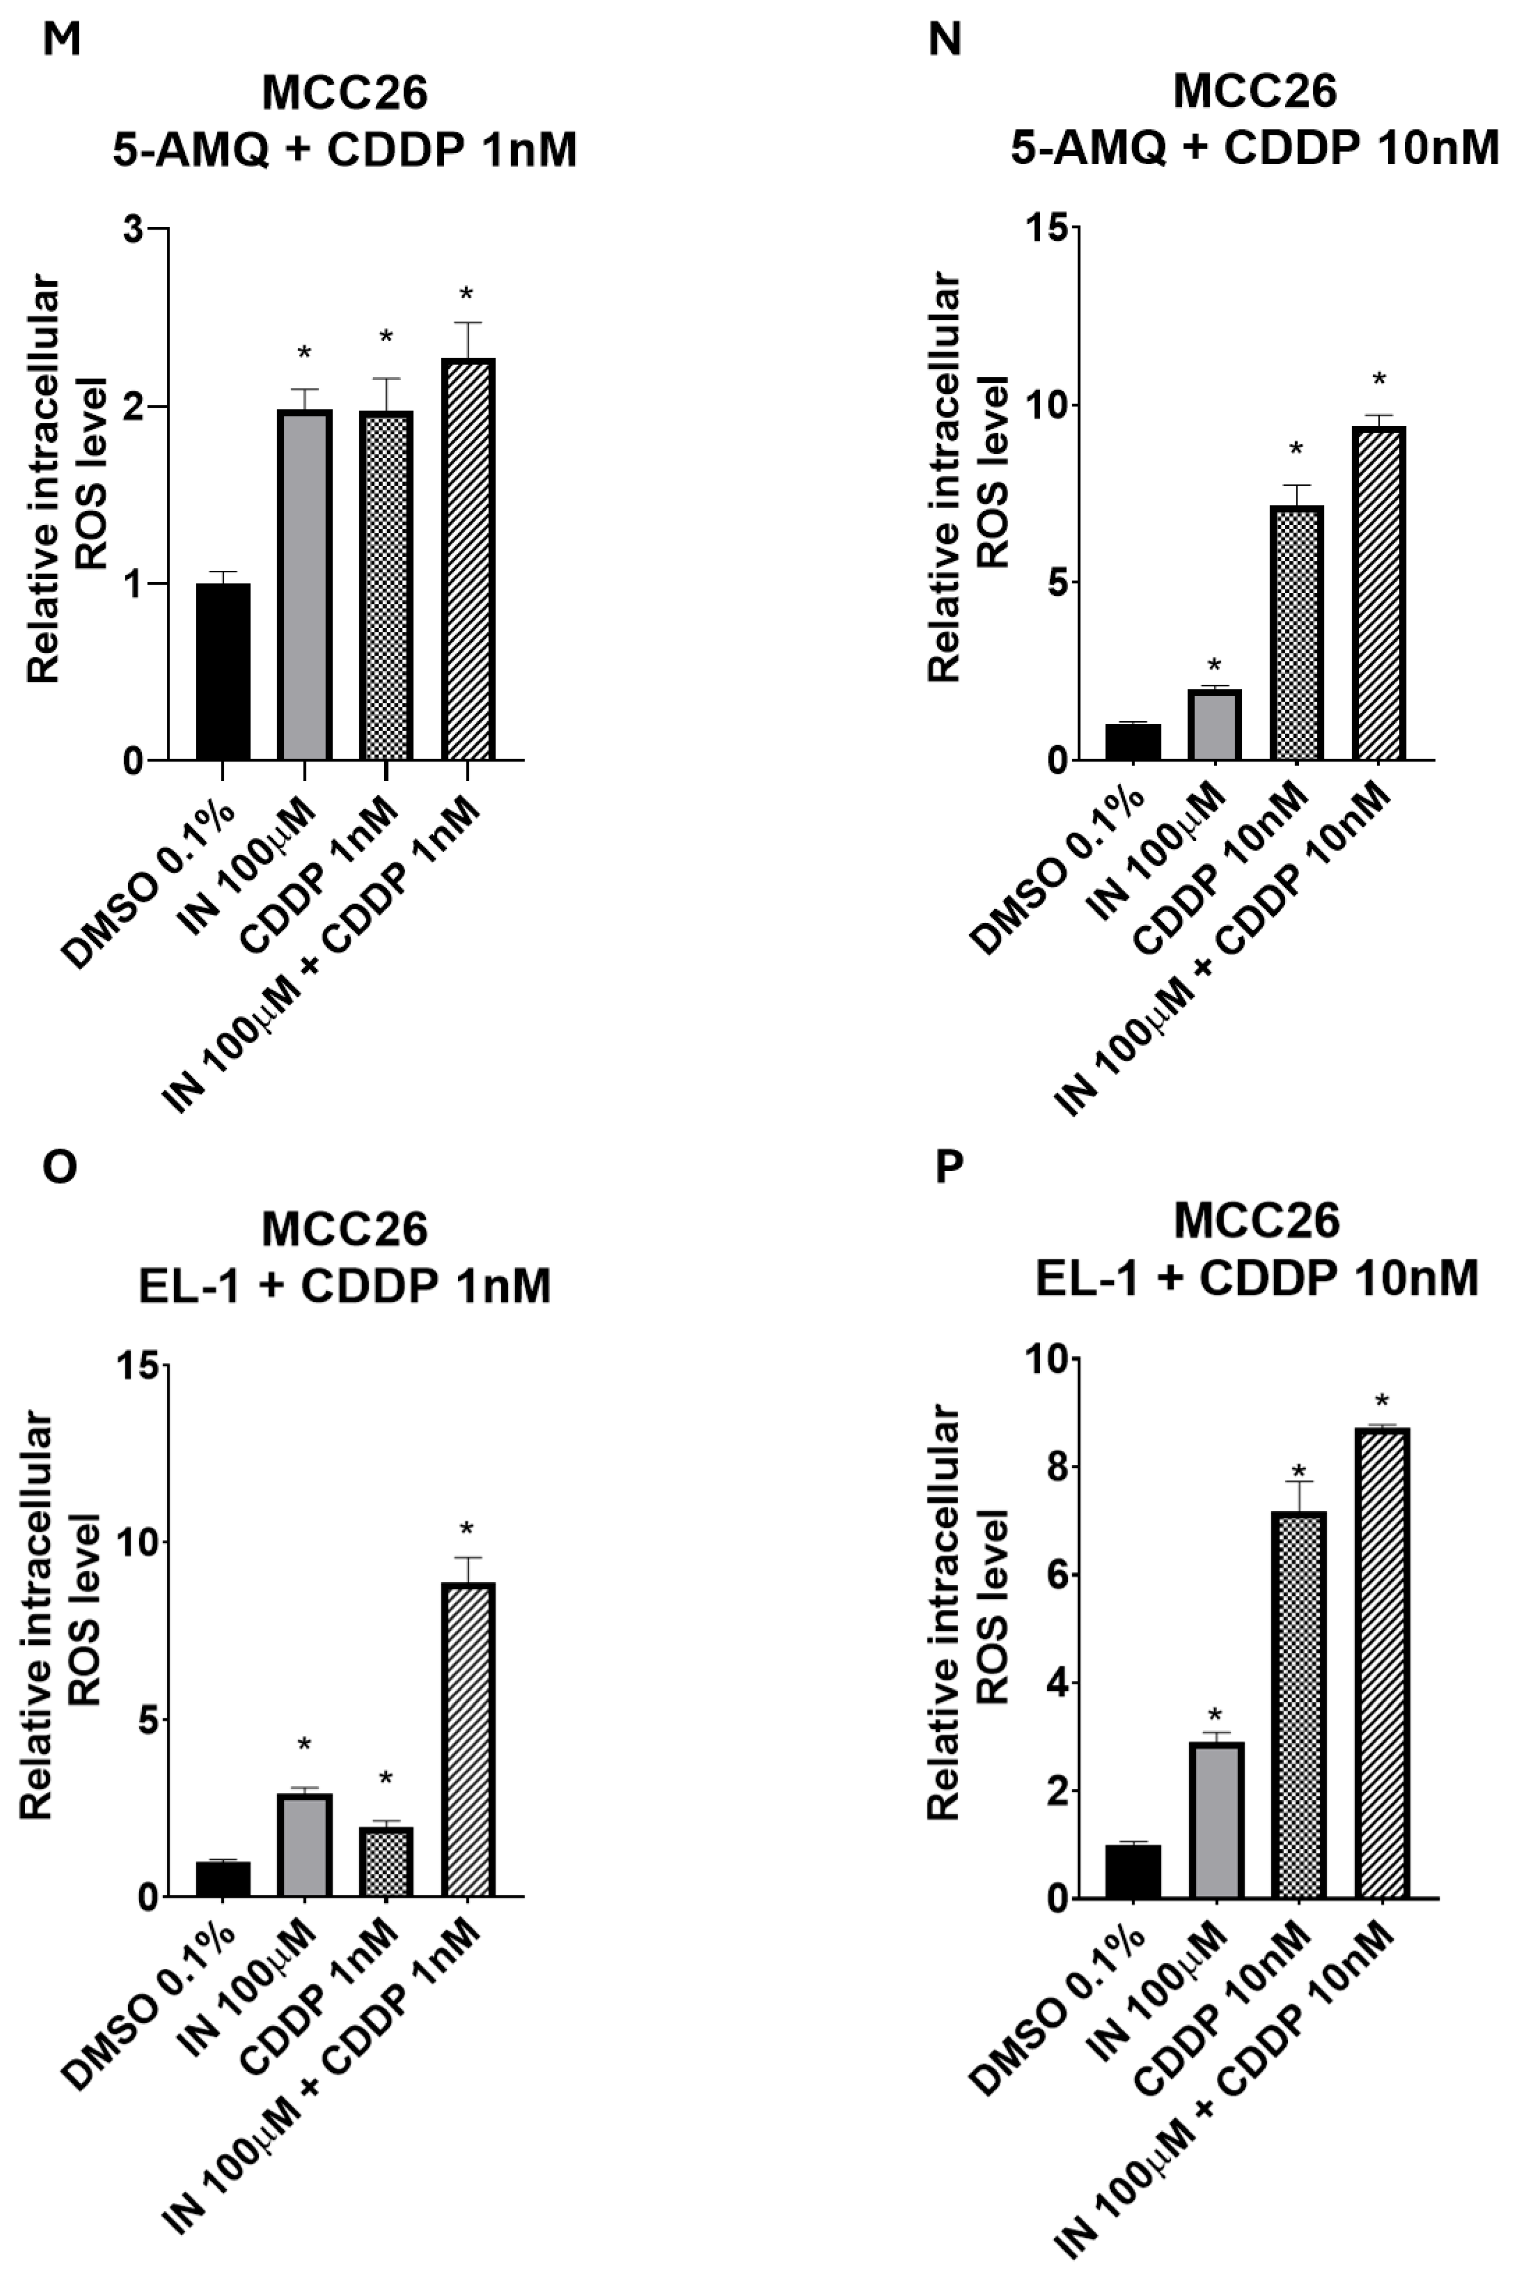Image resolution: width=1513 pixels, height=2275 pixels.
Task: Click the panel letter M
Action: tap(61, 40)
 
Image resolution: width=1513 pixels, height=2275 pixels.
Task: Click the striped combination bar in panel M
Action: tap(468, 560)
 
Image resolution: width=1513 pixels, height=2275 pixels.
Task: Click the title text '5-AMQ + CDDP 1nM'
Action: tap(344, 150)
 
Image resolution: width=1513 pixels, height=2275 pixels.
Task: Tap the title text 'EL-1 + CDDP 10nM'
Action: tap(1256, 1280)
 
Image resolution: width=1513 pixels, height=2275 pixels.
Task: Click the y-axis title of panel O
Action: tap(58, 1631)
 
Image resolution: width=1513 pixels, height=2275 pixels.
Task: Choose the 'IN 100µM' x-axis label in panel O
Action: tap(249, 1990)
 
